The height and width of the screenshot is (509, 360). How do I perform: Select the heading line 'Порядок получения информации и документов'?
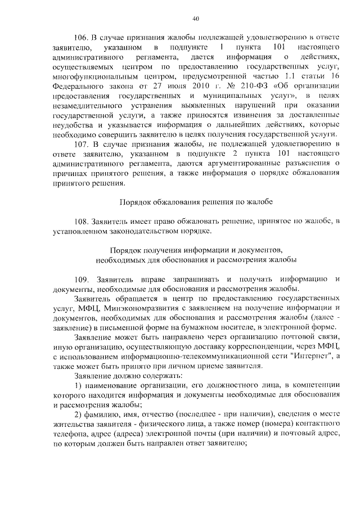[196, 249]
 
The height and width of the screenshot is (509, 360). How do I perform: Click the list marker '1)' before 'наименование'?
[78, 385]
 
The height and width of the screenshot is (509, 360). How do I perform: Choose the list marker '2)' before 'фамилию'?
[78, 414]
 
